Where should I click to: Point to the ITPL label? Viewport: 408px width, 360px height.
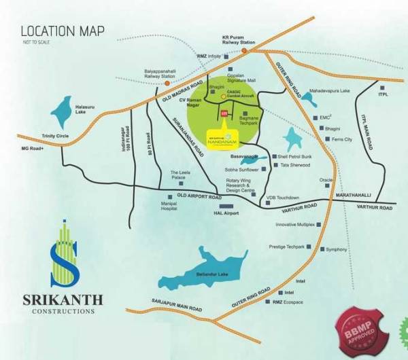click(x=383, y=94)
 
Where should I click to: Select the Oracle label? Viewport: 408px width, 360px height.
click(x=328, y=180)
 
